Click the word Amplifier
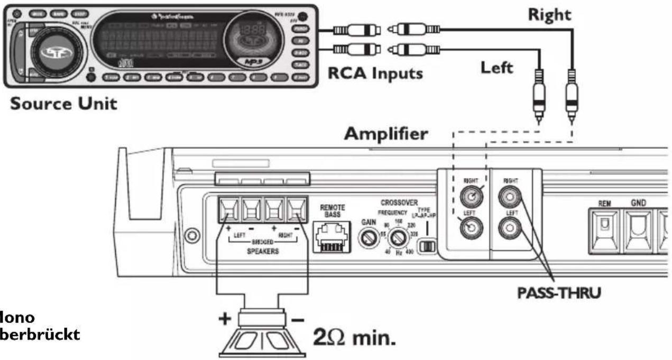click(385, 134)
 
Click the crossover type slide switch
click(427, 245)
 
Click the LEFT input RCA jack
click(470, 228)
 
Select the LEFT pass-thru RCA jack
click(509, 228)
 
